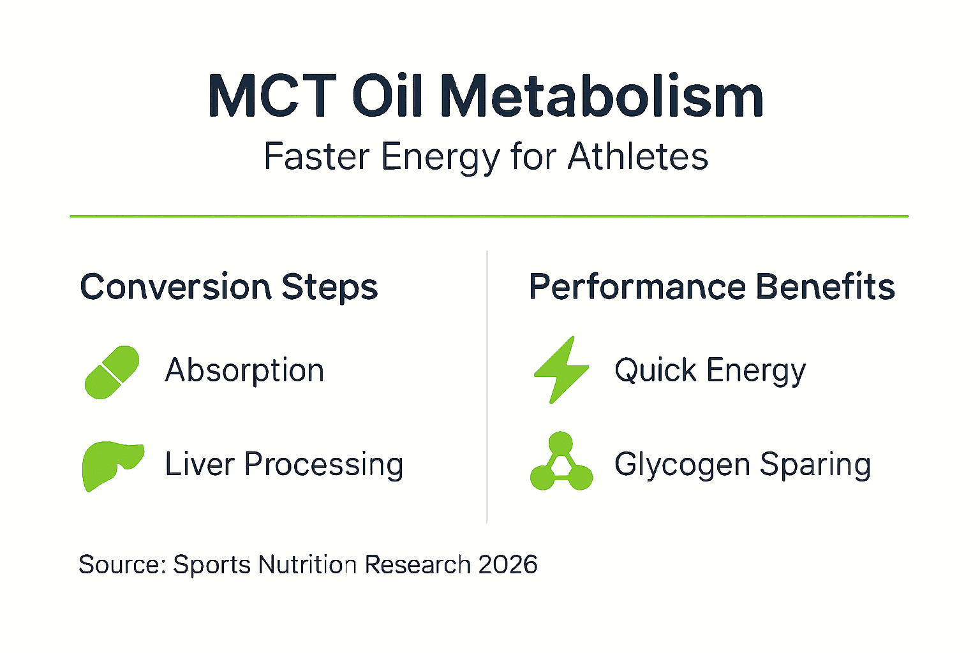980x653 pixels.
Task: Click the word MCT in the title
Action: click(x=272, y=97)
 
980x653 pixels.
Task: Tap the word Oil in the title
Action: click(x=387, y=97)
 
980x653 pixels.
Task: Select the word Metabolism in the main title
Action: click(x=601, y=97)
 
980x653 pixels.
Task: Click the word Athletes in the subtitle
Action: click(x=637, y=157)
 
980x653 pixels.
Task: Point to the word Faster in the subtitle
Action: click(x=316, y=157)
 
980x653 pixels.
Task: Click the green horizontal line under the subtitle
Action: click(x=489, y=216)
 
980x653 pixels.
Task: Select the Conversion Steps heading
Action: click(x=228, y=287)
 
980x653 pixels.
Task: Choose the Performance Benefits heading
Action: click(x=711, y=287)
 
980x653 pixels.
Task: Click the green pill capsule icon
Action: click(x=112, y=372)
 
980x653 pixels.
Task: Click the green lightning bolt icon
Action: click(x=561, y=370)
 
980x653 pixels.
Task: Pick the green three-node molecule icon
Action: click(x=561, y=463)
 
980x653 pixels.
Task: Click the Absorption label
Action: click(x=244, y=371)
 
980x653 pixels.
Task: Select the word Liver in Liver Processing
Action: click(x=200, y=464)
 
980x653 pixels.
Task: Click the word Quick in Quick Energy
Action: click(x=655, y=371)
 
